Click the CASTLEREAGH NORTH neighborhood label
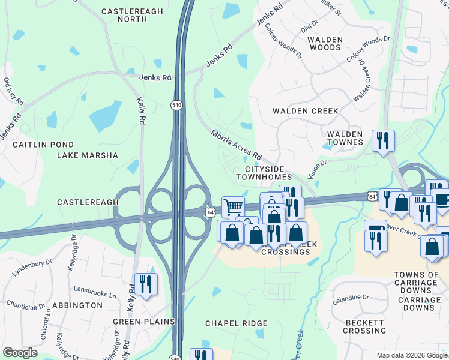click(124, 16)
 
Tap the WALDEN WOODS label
click(325, 43)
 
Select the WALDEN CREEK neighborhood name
click(305, 111)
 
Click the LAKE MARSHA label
click(88, 155)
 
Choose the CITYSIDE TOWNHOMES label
click(264, 173)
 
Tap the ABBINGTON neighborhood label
click(77, 305)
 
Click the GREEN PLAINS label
click(143, 322)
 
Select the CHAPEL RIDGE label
click(236, 323)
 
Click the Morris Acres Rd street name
click(236, 143)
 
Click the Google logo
click(20, 353)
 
